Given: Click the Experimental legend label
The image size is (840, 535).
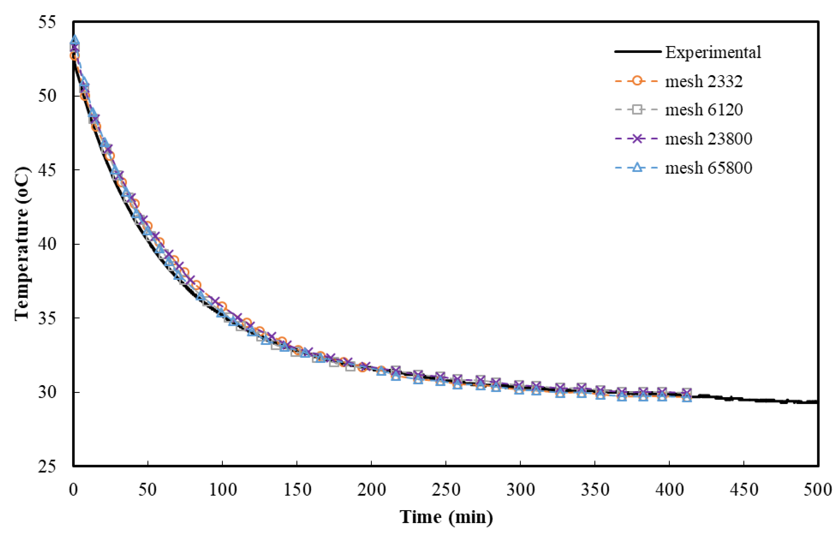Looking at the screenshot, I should pyautogui.click(x=713, y=52).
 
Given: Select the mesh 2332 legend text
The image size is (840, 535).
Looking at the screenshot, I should pyautogui.click(x=704, y=81).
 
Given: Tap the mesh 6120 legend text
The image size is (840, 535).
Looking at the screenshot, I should pyautogui.click(x=704, y=110).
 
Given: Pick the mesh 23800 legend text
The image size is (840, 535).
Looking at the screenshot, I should pyautogui.click(x=708, y=139).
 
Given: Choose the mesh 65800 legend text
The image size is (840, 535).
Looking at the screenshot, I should pyautogui.click(x=708, y=168).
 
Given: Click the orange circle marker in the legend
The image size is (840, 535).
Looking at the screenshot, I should pyautogui.click(x=637, y=81).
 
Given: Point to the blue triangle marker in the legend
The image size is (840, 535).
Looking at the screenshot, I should pyautogui.click(x=637, y=167).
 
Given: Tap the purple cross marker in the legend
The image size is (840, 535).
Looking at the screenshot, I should pyautogui.click(x=637, y=139).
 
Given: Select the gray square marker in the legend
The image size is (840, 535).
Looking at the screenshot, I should pyautogui.click(x=637, y=110).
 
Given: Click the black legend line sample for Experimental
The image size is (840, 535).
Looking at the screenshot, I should pyautogui.click(x=638, y=52).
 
